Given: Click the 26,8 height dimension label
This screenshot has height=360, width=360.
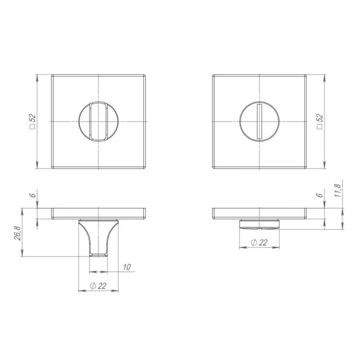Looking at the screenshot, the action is [x=18, y=233].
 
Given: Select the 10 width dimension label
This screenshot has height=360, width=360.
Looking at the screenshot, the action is [x=127, y=267].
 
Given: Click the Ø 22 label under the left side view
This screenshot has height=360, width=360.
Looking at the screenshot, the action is [x=98, y=286].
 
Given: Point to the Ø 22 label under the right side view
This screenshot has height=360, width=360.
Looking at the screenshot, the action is [x=259, y=242].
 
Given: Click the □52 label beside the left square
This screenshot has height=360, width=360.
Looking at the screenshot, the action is [x=33, y=122].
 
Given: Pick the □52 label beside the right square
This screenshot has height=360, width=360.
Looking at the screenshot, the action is [x=319, y=122].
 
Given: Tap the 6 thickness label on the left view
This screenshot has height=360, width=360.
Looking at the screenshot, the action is [x=33, y=195].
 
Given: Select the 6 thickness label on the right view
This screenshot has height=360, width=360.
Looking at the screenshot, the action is [x=319, y=195].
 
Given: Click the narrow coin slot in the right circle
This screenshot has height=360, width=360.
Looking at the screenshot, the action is [x=259, y=122].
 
